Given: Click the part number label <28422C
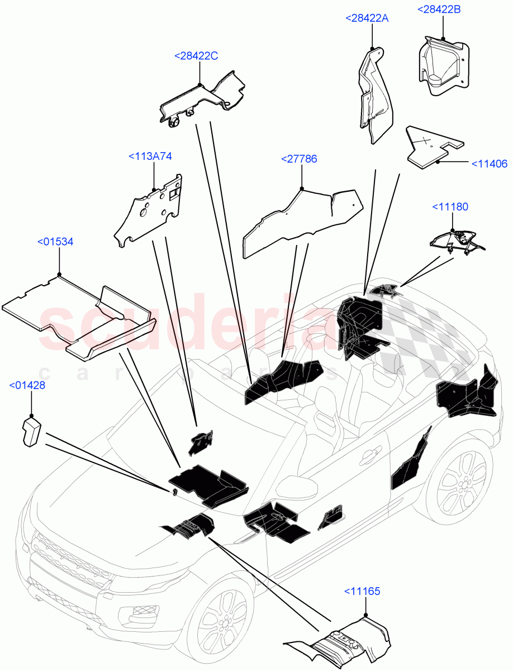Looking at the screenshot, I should pyautogui.click(x=196, y=56).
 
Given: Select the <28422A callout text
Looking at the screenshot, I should pyautogui.click(x=367, y=18).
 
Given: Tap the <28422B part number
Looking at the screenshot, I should pyautogui.click(x=439, y=9).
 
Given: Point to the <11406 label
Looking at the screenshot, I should pyautogui.click(x=489, y=164).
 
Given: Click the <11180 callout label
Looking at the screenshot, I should pyautogui.click(x=450, y=207).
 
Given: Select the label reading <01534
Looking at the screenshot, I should pyautogui.click(x=55, y=242).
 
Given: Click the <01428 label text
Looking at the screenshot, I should pyautogui.click(x=27, y=385).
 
